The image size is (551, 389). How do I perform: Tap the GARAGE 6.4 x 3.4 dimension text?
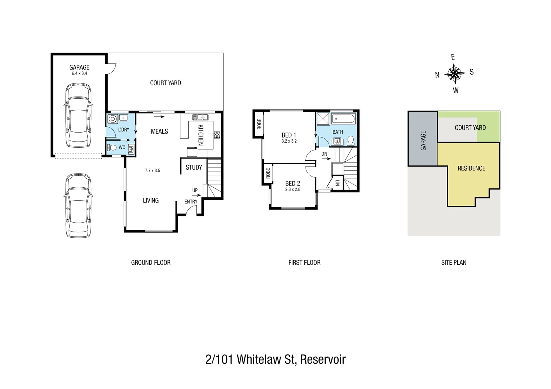click(79, 73)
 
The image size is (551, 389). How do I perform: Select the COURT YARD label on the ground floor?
click(165, 83)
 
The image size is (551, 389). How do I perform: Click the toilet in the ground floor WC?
click(112, 148)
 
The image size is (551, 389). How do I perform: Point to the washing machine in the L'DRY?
click(113, 118)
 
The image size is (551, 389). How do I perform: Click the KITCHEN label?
click(201, 135)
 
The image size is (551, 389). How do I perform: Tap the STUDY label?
click(194, 167)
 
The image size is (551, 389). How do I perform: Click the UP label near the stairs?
click(195, 190)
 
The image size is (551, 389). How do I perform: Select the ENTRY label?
click(191, 202)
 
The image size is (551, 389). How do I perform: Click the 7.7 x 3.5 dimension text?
click(152, 171)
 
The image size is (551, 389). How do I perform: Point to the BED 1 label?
click(289, 135)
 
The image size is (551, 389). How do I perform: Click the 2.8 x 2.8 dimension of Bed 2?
click(292, 189)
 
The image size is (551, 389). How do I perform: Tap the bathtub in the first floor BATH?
click(343, 119)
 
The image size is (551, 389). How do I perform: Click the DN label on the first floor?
click(324, 154)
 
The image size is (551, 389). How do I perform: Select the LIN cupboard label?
click(337, 183)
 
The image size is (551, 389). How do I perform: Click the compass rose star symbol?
click(454, 73)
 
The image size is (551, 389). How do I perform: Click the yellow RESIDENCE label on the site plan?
click(471, 168)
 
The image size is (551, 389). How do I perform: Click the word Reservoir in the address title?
click(323, 359)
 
